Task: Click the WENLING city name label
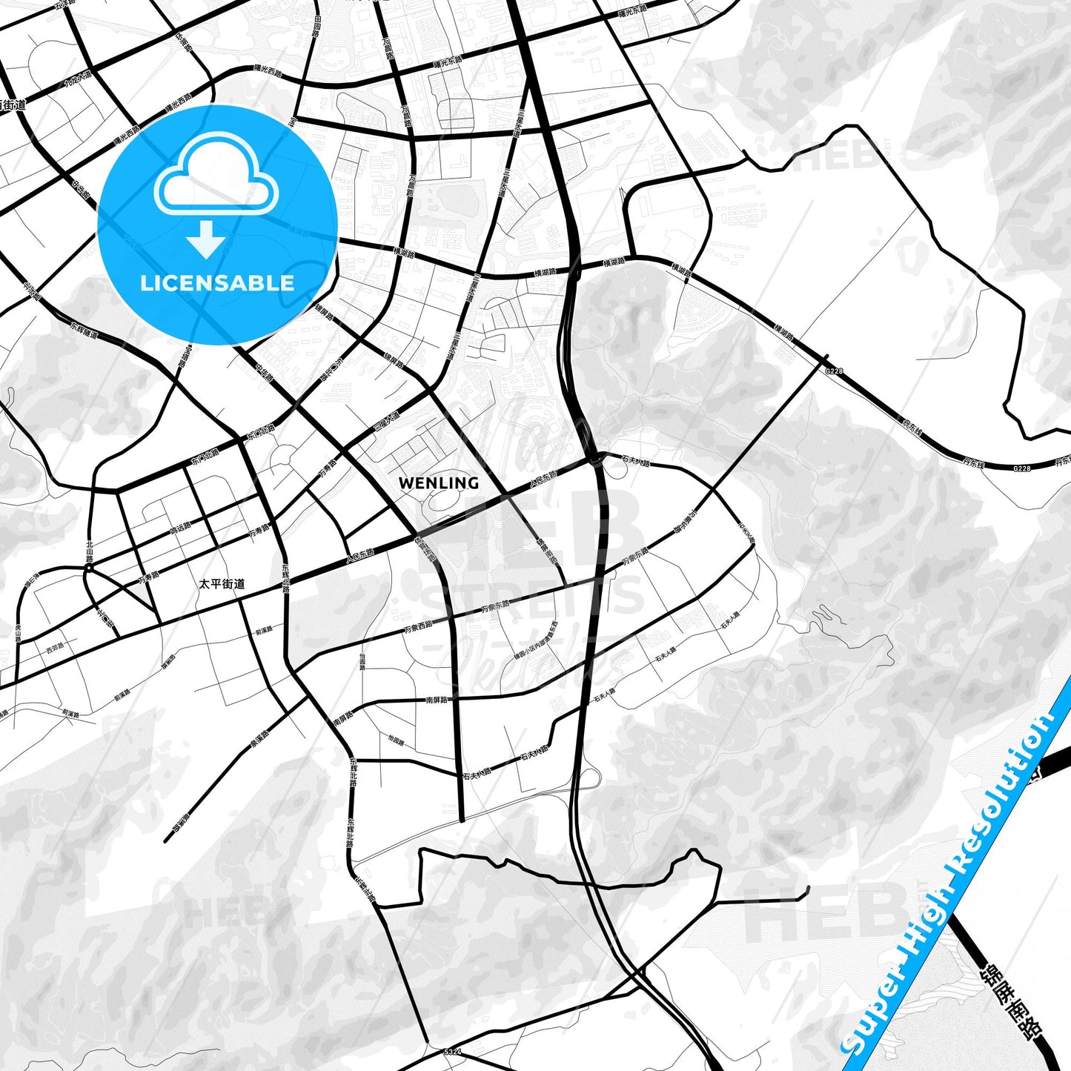click(x=438, y=483)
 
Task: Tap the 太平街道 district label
click(x=222, y=584)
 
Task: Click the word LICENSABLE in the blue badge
click(x=217, y=282)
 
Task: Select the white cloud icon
click(x=216, y=174)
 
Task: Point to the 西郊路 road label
click(x=54, y=646)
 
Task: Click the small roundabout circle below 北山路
click(x=88, y=568)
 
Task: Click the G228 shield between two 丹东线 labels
click(x=1021, y=468)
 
